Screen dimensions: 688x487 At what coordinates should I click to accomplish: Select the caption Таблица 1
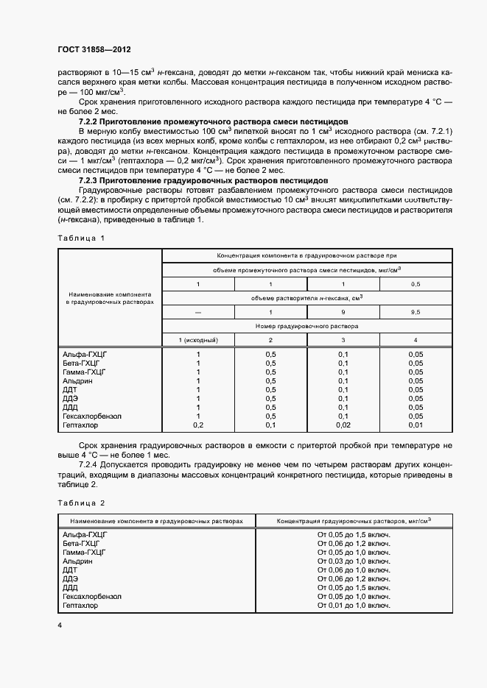pos(81,238)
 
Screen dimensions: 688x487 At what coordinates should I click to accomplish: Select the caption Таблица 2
pos(81,503)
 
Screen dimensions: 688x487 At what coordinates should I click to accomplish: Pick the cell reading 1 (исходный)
pos(197,339)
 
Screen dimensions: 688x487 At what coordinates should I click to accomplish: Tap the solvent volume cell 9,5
pos(415,312)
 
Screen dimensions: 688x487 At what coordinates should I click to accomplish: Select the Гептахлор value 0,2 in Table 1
pos(197,425)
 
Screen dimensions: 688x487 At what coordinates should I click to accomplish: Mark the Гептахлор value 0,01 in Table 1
pos(415,425)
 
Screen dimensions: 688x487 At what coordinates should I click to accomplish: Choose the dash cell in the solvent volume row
pos(197,312)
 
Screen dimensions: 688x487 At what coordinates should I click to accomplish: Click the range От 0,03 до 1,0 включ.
pos(353,561)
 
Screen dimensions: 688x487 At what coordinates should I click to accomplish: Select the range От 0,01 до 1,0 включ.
pos(353,605)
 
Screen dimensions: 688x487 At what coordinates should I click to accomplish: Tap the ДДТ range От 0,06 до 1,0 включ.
pos(353,570)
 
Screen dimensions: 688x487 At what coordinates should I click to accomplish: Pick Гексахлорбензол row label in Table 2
pos(92,596)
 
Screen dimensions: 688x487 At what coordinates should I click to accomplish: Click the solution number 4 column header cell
pos(415,339)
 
